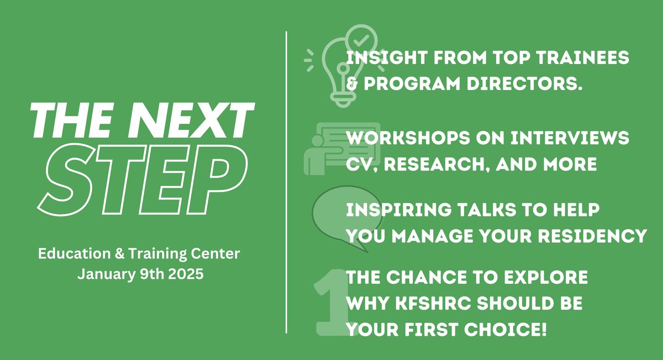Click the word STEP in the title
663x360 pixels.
(142, 178)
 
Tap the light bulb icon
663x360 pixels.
(338, 75)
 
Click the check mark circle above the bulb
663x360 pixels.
(361, 40)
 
